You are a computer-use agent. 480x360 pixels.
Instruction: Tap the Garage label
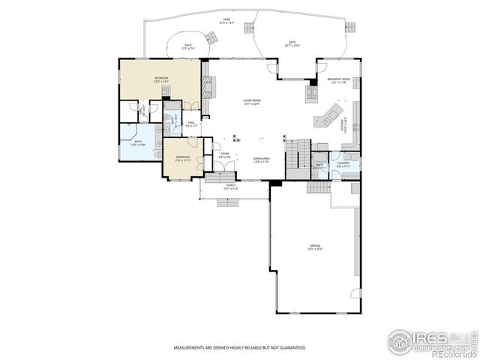coord(315,246)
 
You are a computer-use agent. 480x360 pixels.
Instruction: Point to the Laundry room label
coord(343,163)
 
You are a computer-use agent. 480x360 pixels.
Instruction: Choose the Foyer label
coord(223,155)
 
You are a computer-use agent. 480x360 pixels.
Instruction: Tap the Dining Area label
coord(262,160)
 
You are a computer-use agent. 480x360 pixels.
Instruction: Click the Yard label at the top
coord(226,21)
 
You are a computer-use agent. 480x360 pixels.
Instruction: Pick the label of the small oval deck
coord(188,46)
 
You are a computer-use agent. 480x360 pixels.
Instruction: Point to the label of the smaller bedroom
coord(184,159)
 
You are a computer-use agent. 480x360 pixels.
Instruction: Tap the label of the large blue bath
coord(139,142)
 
